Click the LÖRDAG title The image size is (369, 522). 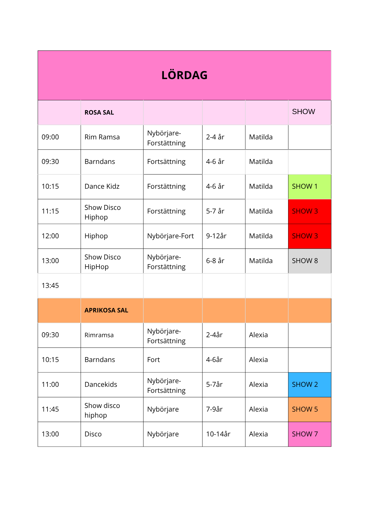pyautogui.click(x=184, y=75)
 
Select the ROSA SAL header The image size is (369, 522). pyautogui.click(x=99, y=112)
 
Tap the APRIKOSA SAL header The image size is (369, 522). pyautogui.click(x=106, y=310)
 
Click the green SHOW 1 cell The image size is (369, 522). pyautogui.click(x=310, y=187)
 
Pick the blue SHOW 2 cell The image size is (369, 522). pyautogui.click(x=310, y=385)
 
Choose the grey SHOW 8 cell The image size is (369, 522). pyautogui.click(x=310, y=261)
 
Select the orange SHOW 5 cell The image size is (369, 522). pyautogui.click(x=310, y=410)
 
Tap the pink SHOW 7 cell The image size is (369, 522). pyautogui.click(x=310, y=434)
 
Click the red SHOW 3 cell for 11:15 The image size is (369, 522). pyautogui.click(x=310, y=211)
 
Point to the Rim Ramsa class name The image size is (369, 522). pyautogui.click(x=102, y=137)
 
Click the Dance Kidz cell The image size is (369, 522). pyautogui.click(x=102, y=187)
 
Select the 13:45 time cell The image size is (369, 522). pyautogui.click(x=50, y=286)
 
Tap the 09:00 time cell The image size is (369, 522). pyautogui.click(x=50, y=137)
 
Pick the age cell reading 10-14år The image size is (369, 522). pyautogui.click(x=218, y=434)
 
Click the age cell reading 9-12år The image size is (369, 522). pyautogui.click(x=216, y=236)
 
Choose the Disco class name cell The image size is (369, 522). pyautogui.click(x=93, y=434)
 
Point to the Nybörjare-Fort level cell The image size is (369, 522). pyautogui.click(x=170, y=236)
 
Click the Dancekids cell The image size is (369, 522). pyautogui.click(x=101, y=385)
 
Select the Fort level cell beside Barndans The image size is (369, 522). pyautogui.click(x=153, y=360)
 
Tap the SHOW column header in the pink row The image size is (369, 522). pyautogui.click(x=303, y=112)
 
